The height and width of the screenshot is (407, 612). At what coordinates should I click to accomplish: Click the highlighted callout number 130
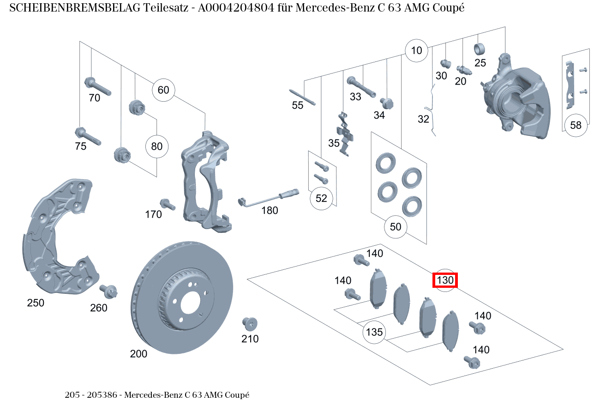445,280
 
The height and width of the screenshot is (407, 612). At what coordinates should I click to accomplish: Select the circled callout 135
374,332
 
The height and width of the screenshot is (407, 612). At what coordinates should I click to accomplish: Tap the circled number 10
416,50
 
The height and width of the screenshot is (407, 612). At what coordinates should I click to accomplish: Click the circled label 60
163,90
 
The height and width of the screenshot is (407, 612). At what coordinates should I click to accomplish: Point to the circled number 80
157,146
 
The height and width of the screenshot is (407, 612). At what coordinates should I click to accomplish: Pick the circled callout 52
321,198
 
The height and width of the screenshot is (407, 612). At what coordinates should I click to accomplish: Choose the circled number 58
576,125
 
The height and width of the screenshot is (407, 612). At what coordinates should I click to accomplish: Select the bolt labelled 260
109,291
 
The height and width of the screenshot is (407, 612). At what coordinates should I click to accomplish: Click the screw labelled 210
250,323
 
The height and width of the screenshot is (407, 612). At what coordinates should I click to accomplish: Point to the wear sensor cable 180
268,198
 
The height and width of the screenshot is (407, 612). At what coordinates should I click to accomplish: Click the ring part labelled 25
480,48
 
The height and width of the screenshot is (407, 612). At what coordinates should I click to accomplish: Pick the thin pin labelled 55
302,97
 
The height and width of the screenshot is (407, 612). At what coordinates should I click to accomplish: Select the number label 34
379,115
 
